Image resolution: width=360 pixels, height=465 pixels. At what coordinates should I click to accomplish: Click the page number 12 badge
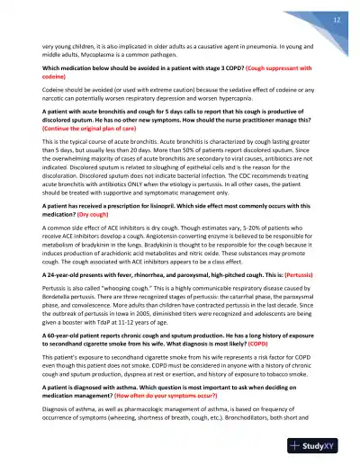pos(335,19)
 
